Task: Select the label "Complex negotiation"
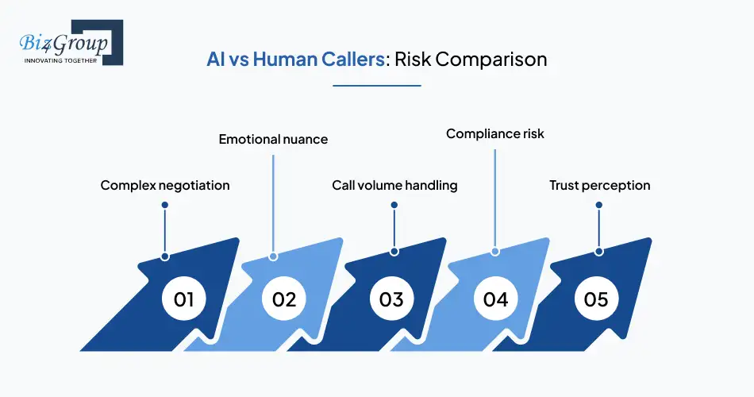[165, 185]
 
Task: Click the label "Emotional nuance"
[273, 140]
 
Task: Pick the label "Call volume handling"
[394, 185]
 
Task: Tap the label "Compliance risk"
[495, 133]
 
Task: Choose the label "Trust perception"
[599, 185]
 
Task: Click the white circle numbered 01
[183, 299]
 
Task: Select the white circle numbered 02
[284, 299]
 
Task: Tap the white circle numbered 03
[391, 299]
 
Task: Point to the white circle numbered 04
[495, 299]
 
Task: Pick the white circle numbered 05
[596, 299]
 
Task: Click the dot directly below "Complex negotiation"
[165, 205]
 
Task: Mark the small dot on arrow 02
[273, 256]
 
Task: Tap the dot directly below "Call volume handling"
[394, 205]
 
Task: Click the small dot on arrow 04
[495, 251]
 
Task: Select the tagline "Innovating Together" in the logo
[60, 60]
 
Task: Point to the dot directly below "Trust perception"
[599, 205]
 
